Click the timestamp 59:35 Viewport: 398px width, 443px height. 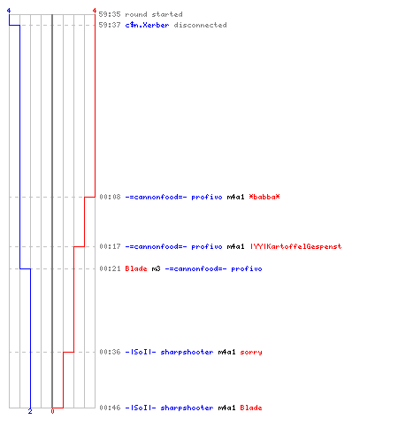tap(110, 14)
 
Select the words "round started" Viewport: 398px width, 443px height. tap(154, 14)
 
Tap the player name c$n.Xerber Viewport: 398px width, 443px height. tap(147, 25)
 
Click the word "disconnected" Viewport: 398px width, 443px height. tap(200, 25)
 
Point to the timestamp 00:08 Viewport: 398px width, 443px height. tap(110, 197)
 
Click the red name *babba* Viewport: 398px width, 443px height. tap(264, 197)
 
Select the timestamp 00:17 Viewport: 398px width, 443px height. tap(110, 246)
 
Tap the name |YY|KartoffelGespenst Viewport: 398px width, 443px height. tap(295, 246)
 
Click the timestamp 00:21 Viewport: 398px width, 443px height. tap(110, 268)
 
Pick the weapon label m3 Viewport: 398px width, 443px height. tap(156, 268)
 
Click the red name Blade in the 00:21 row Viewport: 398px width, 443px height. tap(136, 268)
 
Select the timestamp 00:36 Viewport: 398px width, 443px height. tap(110, 352)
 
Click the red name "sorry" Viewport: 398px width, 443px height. tap(251, 352)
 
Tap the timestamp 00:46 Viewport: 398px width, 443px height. tap(110, 408)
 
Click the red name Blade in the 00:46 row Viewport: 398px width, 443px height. tap(251, 408)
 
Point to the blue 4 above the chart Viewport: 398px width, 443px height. tap(9, 11)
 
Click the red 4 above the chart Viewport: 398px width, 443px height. tap(95, 11)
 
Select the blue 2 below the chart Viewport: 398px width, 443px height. tap(30, 411)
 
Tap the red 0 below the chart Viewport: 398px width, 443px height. tap(52, 411)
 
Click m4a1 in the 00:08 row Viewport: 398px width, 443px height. tap(235, 197)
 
